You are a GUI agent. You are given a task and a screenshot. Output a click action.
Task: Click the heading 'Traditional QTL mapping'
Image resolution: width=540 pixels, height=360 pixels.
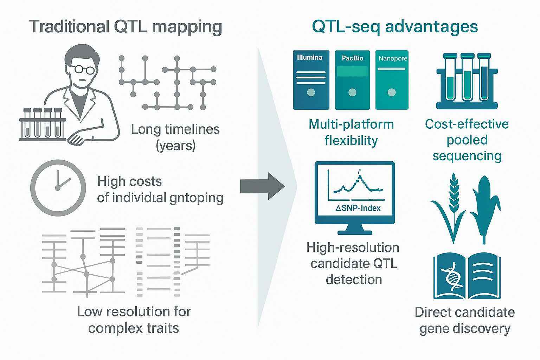126,27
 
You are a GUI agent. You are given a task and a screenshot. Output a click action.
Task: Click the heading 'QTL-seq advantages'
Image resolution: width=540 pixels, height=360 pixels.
395,27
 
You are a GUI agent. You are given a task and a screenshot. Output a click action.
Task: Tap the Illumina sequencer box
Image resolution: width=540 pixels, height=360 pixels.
311,80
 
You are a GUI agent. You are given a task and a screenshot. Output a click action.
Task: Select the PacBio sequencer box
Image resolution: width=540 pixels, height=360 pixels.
352,80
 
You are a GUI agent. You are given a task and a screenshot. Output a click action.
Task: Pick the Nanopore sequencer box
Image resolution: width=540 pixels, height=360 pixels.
392,80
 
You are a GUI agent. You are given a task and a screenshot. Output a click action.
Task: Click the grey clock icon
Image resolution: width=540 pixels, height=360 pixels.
58,188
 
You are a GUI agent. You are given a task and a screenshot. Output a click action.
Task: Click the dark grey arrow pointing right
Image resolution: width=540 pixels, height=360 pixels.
262,186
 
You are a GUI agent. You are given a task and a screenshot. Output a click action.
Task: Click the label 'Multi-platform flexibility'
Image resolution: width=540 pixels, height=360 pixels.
351,132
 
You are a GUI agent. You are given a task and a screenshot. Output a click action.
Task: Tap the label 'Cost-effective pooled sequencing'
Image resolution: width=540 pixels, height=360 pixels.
467,140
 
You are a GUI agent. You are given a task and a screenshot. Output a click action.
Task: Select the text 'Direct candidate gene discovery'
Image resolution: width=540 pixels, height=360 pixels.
465,320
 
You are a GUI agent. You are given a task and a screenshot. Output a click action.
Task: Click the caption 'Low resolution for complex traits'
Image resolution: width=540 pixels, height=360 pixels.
134,320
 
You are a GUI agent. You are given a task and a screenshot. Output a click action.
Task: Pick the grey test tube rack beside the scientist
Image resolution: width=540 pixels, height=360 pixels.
43,125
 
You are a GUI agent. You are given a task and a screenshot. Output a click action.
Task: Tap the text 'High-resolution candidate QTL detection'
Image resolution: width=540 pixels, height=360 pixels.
353,263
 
